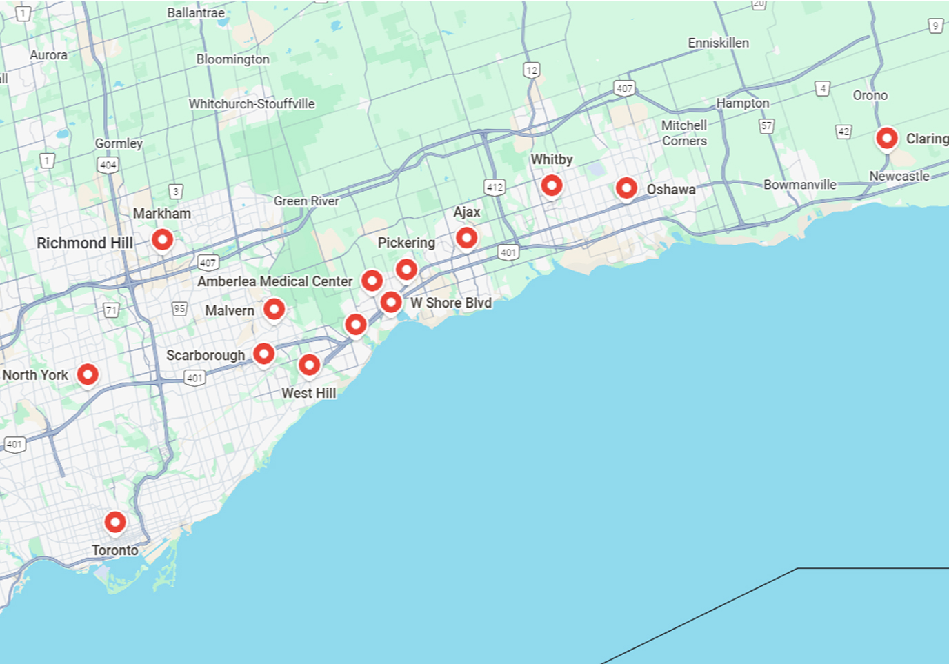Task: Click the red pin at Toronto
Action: click(115, 522)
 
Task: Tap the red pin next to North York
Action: click(88, 374)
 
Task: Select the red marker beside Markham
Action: click(163, 240)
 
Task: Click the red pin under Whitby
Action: click(552, 185)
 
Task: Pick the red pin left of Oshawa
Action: click(626, 188)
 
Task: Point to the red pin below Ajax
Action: click(467, 238)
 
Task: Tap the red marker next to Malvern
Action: click(274, 309)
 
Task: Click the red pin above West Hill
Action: click(310, 364)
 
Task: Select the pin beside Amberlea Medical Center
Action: click(372, 281)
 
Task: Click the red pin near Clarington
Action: click(887, 138)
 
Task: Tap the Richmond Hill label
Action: click(85, 243)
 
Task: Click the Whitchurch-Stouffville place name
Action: click(252, 104)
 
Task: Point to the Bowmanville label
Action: click(800, 185)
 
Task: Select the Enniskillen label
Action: click(718, 43)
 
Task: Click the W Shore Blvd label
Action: click(451, 303)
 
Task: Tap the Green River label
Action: click(306, 201)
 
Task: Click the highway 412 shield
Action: click(495, 187)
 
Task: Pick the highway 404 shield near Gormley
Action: click(108, 165)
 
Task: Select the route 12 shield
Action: click(531, 70)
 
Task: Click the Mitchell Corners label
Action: click(684, 133)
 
